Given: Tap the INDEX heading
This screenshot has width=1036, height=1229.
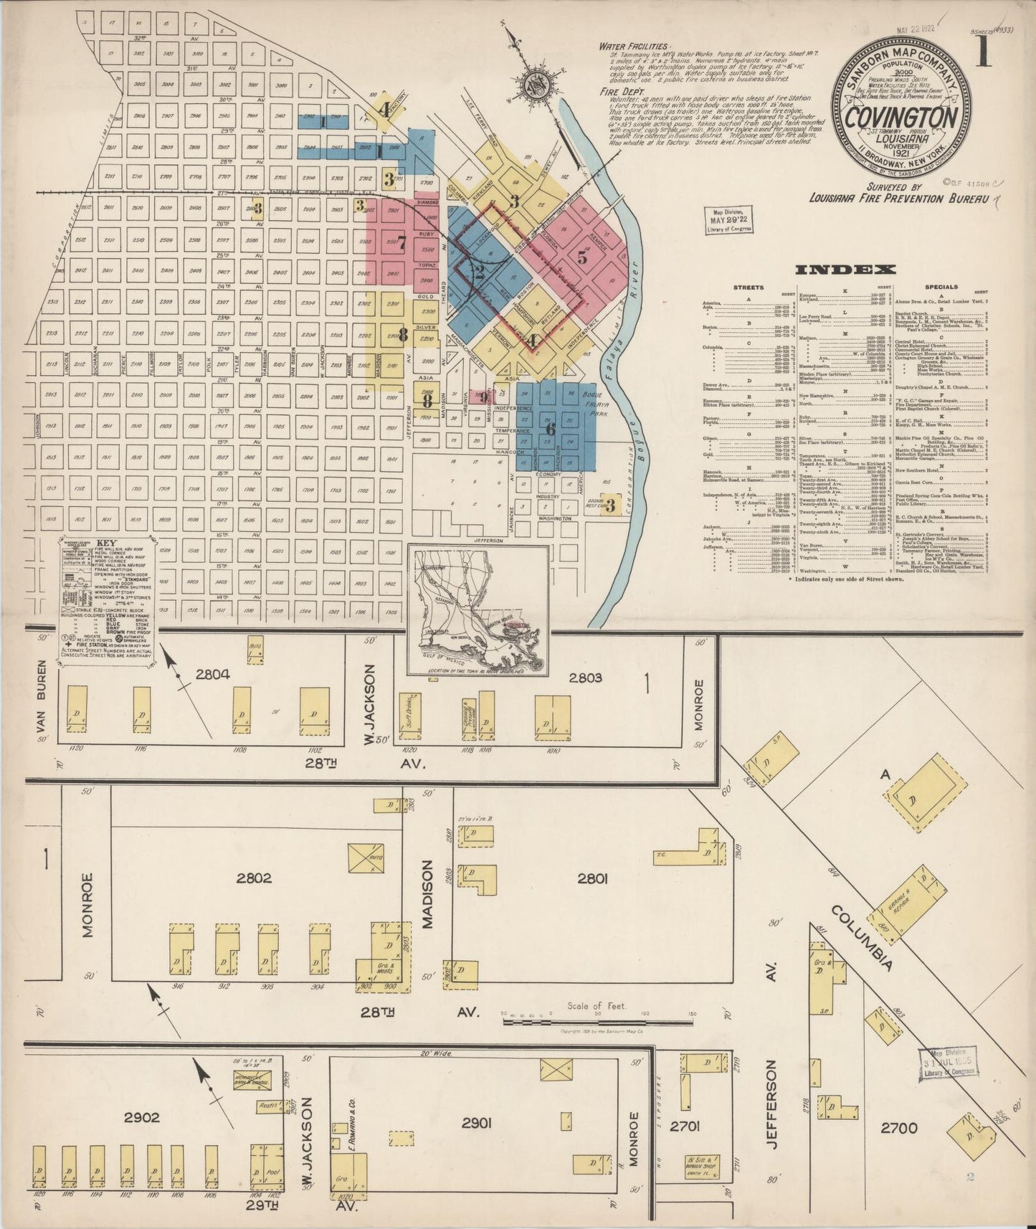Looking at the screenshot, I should [x=846, y=270].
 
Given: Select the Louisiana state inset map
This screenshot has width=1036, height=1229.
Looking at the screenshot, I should [x=478, y=609].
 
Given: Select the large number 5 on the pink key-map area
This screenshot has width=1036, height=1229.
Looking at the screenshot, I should [x=582, y=257].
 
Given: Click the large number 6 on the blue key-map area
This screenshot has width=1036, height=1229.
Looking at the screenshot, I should [x=551, y=429].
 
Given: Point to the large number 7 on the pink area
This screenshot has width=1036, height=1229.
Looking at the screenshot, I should [x=401, y=243].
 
